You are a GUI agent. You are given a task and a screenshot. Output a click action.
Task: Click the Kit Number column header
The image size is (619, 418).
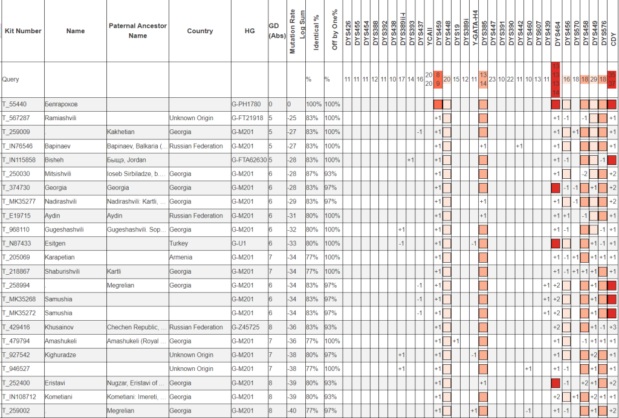click(x=23, y=31)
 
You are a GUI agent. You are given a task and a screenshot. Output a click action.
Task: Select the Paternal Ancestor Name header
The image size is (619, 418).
click(x=138, y=31)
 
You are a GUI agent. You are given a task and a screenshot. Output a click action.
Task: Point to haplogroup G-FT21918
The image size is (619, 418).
click(x=248, y=118)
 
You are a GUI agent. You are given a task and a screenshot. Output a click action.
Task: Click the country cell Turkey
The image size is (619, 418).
click(x=179, y=243)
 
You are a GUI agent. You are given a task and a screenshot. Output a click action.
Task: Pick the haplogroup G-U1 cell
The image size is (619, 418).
click(x=241, y=243)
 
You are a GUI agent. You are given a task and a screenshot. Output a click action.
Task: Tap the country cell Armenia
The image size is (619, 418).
click(x=181, y=257)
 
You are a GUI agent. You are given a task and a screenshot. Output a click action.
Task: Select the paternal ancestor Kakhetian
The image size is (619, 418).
click(x=122, y=132)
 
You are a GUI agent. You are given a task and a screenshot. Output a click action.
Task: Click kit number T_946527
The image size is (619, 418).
click(x=18, y=369)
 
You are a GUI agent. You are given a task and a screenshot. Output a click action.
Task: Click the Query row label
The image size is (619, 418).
click(x=11, y=79)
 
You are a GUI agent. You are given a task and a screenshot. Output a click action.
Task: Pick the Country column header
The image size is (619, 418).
click(x=200, y=31)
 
